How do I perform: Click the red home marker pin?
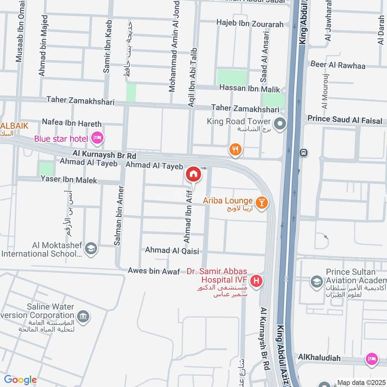[x=193, y=174]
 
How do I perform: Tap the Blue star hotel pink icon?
[x=97, y=139]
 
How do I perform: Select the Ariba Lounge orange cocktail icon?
[x=262, y=202]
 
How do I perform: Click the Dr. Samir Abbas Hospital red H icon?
[x=257, y=280]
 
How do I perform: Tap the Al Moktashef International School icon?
[x=90, y=249]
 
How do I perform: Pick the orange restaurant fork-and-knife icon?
[x=236, y=150]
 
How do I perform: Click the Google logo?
[x=20, y=380]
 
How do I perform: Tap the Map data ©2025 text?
[x=360, y=382]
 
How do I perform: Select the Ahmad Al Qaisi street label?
[x=173, y=250]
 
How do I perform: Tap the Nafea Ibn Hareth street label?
[x=72, y=124]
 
